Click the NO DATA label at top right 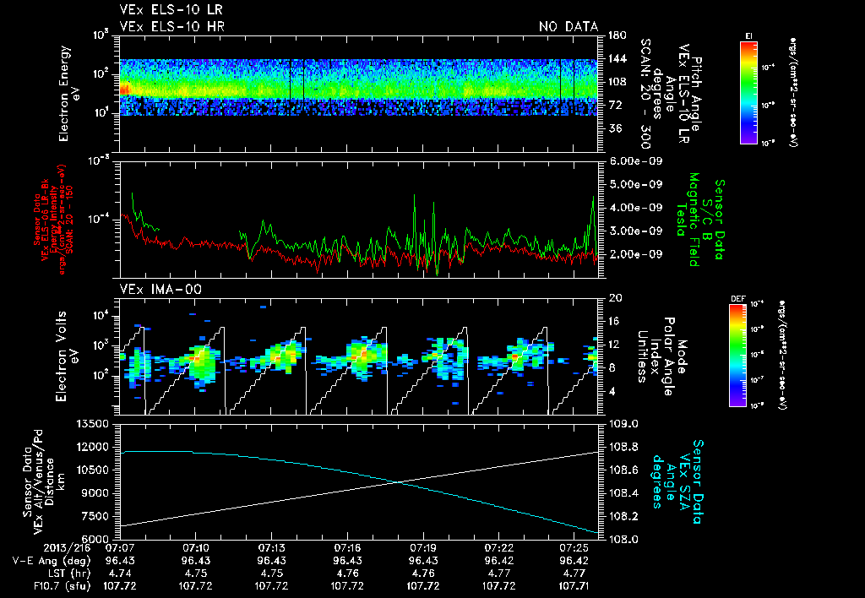[x=568, y=27]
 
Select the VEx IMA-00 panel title [x=154, y=290]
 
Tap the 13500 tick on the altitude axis [x=94, y=423]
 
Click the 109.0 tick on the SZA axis [x=623, y=423]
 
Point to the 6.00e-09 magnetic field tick [x=634, y=160]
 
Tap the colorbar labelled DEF [x=748, y=355]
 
